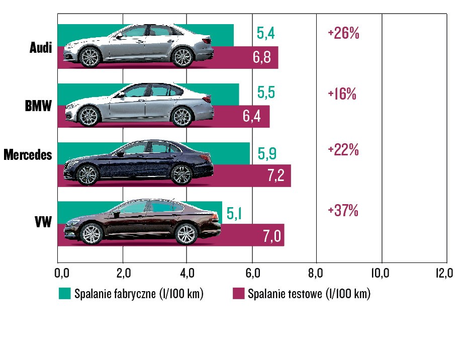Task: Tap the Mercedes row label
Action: [28, 155]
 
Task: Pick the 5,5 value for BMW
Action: [266, 93]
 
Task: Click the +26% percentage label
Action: [343, 34]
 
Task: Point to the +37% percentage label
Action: [343, 211]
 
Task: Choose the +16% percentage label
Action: [342, 95]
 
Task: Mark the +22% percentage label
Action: [343, 150]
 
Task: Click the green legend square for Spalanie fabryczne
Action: [64, 294]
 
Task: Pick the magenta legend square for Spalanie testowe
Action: [238, 294]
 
